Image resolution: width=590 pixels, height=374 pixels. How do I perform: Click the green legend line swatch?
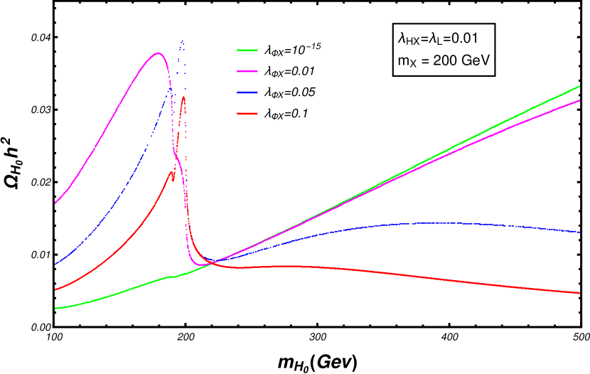click(247, 50)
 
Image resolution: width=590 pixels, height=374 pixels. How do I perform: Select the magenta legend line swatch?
click(247, 72)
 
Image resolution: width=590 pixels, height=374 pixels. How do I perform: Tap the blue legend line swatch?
click(247, 92)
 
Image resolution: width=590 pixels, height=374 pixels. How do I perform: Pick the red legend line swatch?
click(247, 114)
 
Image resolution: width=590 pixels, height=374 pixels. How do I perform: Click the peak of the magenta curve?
click(158, 53)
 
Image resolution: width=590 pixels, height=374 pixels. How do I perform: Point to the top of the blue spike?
click(183, 41)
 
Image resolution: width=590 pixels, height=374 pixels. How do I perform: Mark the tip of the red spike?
click(183, 97)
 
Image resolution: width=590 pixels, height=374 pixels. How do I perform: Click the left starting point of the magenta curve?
click(55, 203)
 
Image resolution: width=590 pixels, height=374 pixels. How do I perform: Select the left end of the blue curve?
click(55, 265)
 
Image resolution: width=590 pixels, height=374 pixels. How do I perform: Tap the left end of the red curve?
click(55, 290)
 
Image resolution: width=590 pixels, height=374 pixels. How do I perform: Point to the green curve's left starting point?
click(55, 308)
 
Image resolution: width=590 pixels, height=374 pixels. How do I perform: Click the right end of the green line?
click(580, 86)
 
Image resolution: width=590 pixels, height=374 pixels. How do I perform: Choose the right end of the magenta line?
click(580, 101)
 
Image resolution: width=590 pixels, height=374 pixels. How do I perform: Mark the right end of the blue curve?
click(580, 232)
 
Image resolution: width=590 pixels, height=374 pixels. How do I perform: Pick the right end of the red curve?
click(580, 293)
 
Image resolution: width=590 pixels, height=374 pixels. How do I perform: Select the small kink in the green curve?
click(173, 277)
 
